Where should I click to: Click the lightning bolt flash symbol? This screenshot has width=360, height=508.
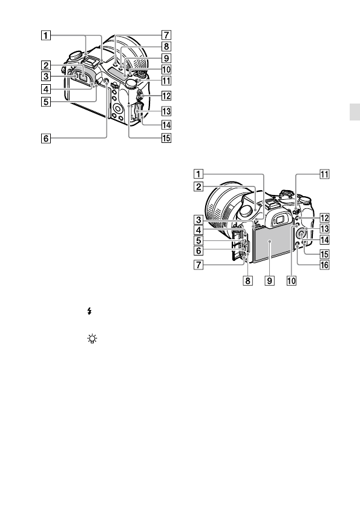(90, 311)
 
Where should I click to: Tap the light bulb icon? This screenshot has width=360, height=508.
(92, 339)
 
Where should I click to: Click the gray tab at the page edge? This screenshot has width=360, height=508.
(355, 112)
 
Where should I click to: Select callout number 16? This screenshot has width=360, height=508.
(324, 265)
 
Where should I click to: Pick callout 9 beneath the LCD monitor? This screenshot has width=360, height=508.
(269, 280)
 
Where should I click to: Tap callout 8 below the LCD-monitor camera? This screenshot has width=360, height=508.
(247, 280)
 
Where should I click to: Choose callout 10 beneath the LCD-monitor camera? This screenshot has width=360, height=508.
(292, 280)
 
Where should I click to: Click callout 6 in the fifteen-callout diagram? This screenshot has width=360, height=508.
(46, 139)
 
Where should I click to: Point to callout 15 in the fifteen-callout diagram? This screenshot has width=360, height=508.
(166, 138)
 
